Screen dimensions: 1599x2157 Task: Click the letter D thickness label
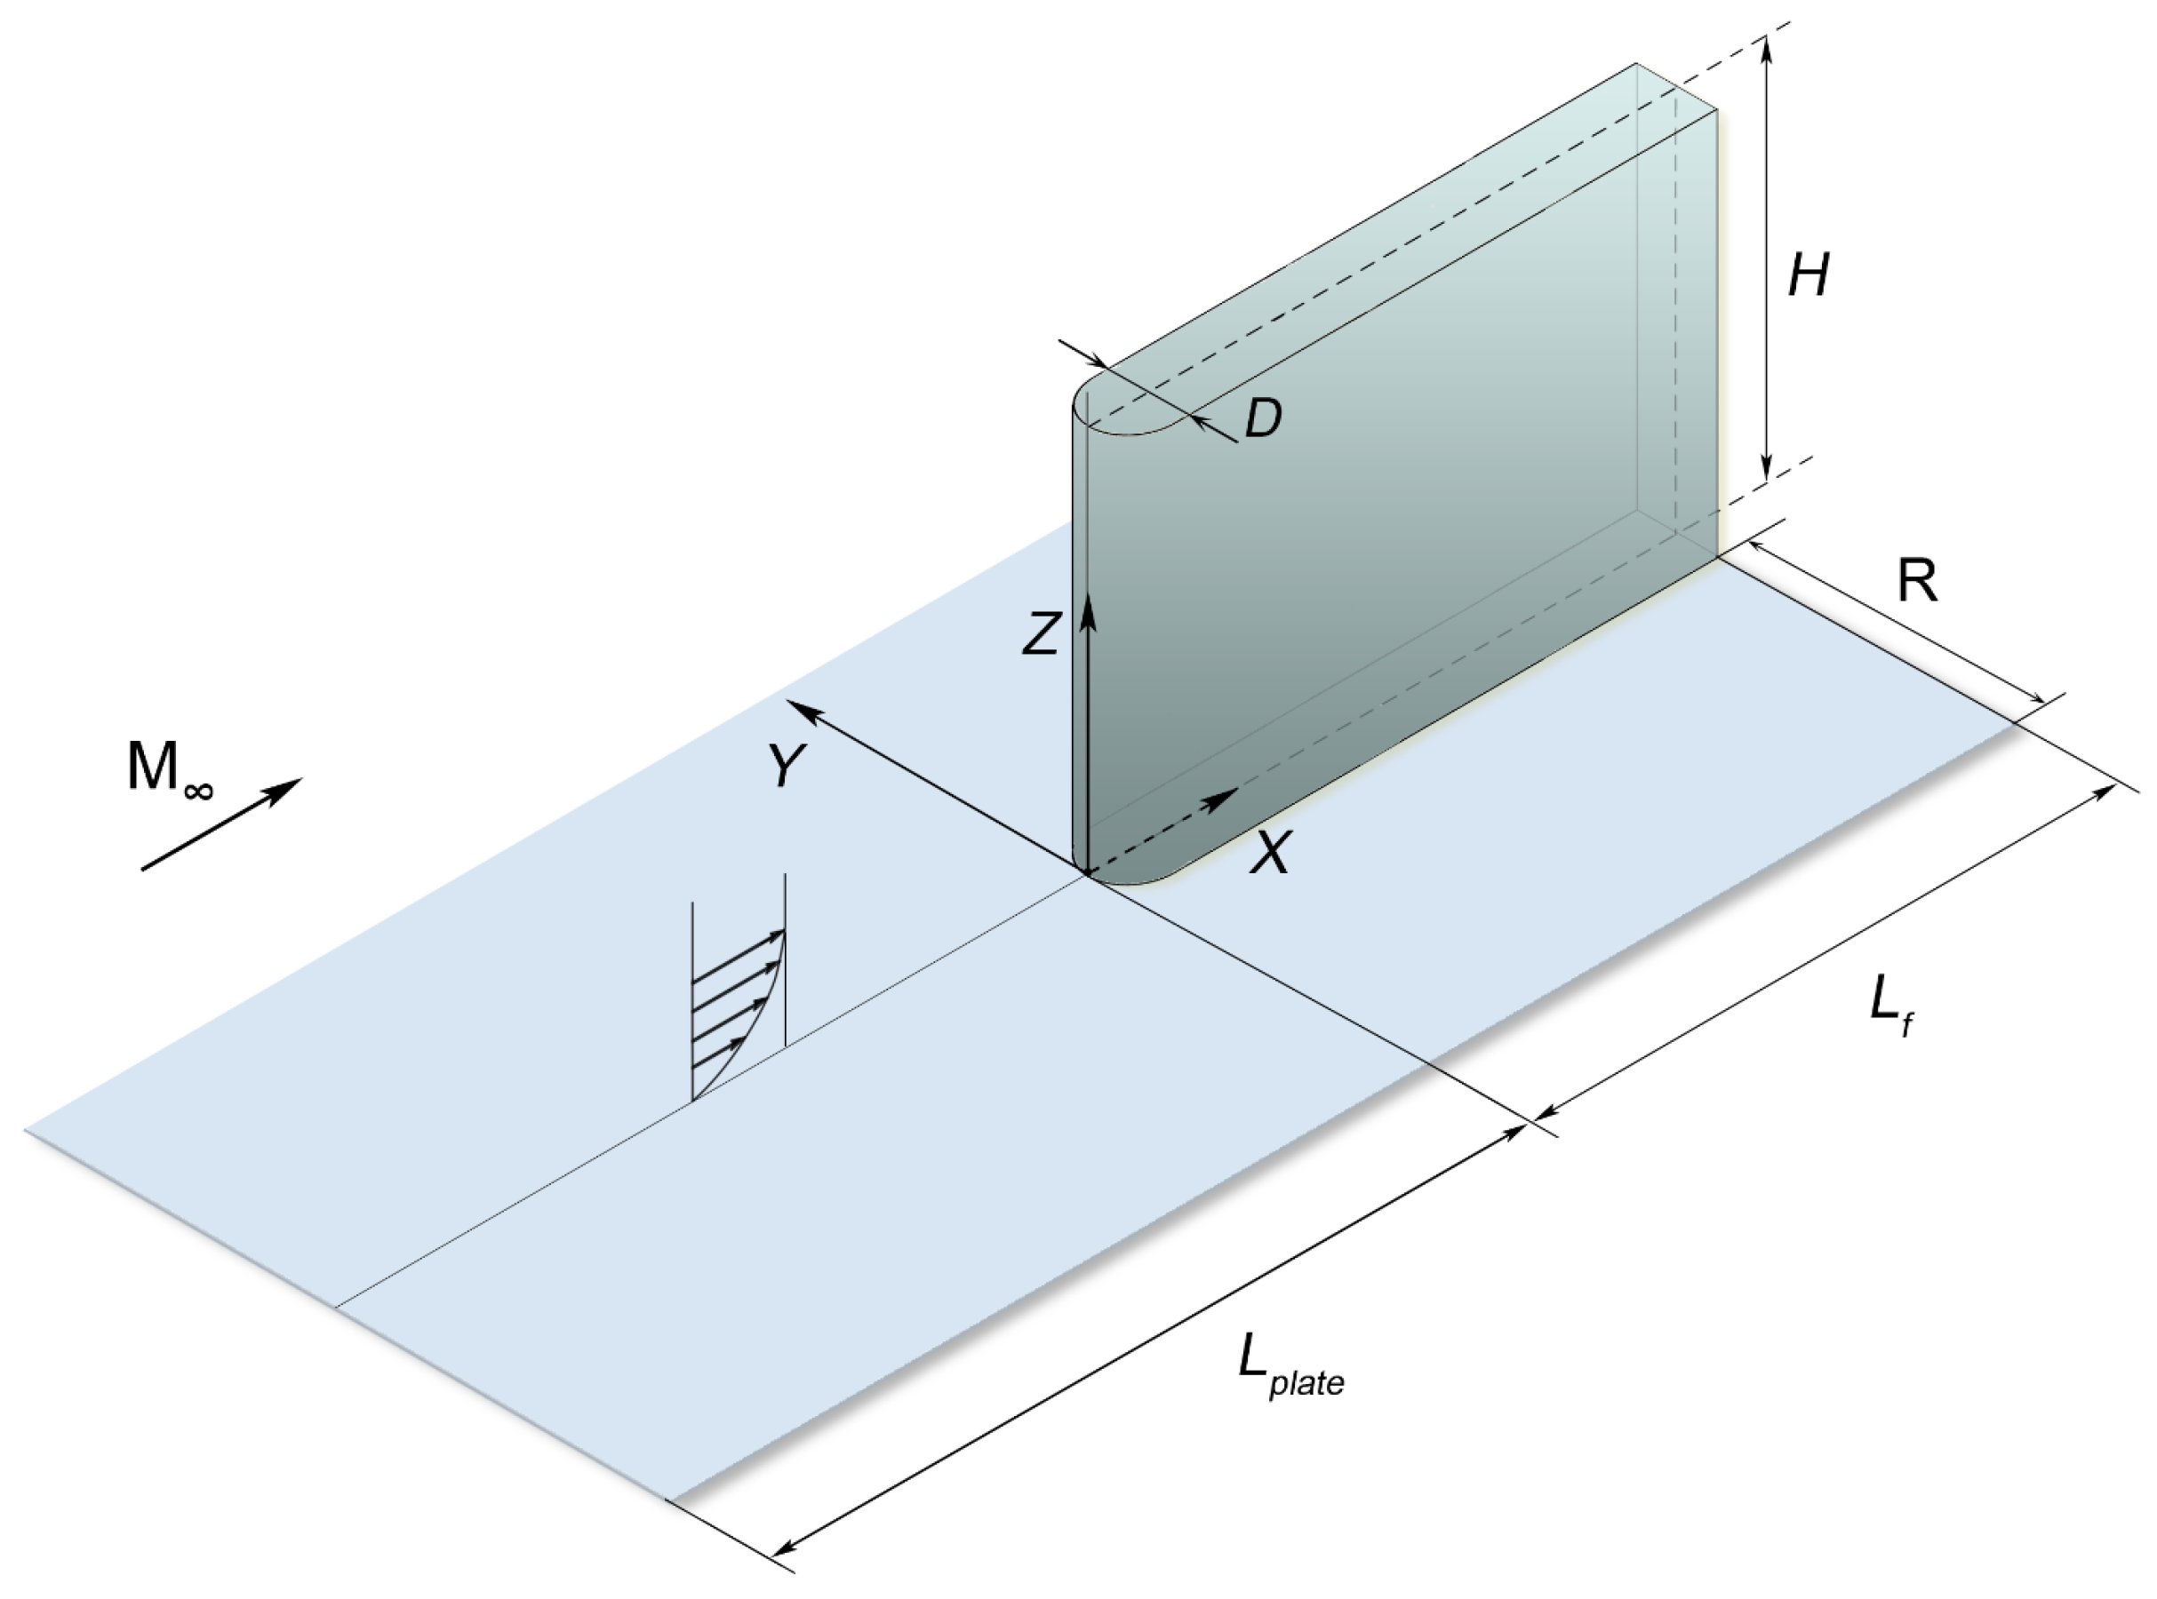click(x=1262, y=419)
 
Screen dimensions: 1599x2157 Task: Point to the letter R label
click(x=1917, y=583)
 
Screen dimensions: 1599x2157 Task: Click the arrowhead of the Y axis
click(x=800, y=706)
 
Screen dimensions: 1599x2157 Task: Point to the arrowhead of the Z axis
click(x=1087, y=605)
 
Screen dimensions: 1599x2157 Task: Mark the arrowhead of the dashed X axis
click(x=1224, y=797)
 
